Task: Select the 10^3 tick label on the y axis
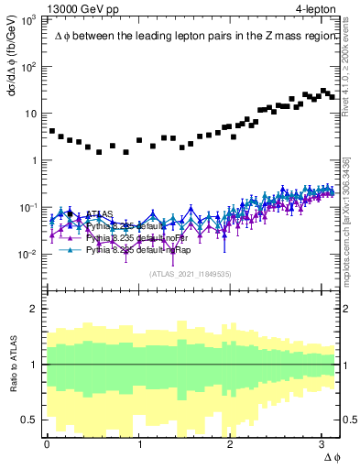coord(29,19)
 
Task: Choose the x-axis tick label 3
coord(324,444)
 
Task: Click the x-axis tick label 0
coord(47,444)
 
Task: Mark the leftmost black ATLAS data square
coord(52,132)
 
